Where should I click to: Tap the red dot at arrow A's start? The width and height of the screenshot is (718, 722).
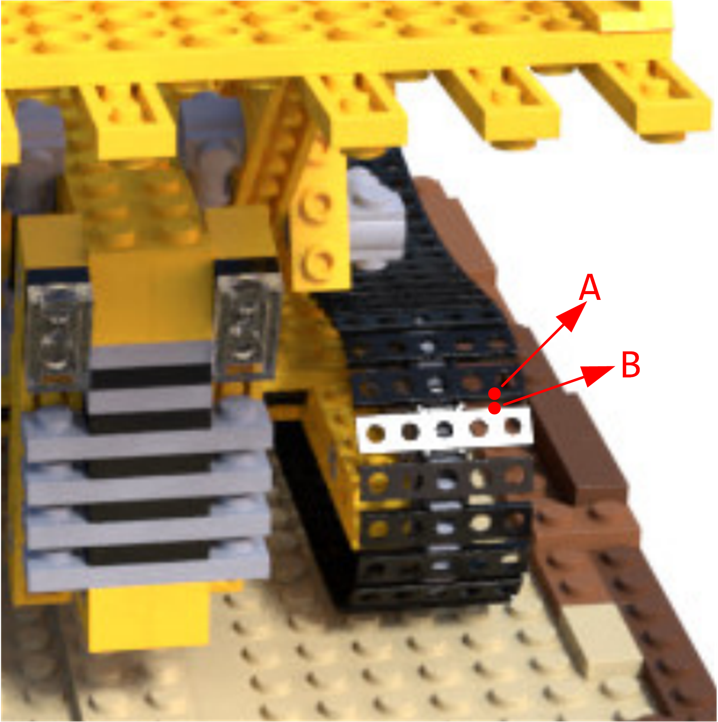[495, 393]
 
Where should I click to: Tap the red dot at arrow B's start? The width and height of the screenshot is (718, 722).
[495, 408]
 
